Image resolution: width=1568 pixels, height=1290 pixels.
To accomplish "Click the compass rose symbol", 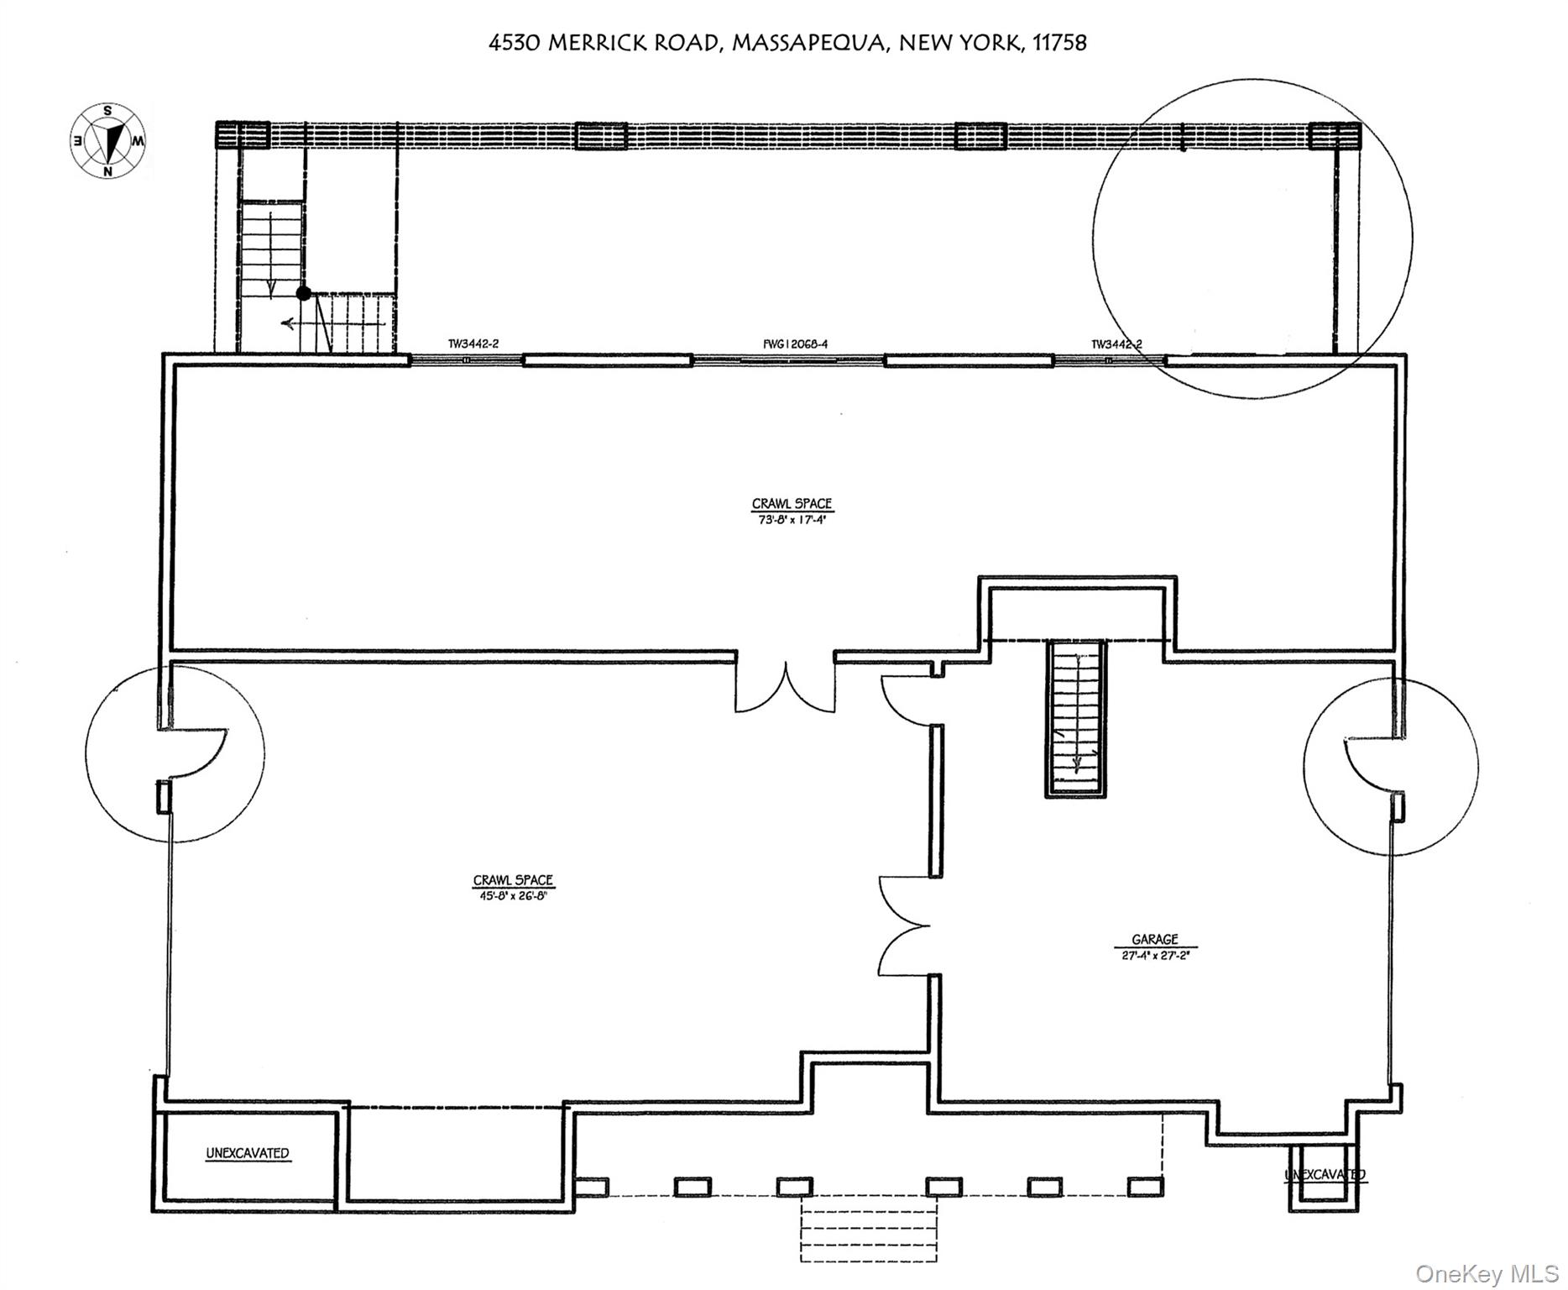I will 107,140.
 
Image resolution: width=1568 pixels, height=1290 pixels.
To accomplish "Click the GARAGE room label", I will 1154,940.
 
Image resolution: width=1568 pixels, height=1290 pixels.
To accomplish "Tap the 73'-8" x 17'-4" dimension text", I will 792,520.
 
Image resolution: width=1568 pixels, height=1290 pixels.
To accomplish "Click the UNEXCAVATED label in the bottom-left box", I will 248,1153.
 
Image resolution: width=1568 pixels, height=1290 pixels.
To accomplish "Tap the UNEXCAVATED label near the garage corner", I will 1325,1174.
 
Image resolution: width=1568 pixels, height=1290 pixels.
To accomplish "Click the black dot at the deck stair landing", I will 303,293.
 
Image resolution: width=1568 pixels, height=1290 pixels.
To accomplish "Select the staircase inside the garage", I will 1076,718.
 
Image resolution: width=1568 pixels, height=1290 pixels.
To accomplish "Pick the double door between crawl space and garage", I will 903,926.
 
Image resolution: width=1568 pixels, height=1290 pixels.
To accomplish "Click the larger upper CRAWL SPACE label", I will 792,504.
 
